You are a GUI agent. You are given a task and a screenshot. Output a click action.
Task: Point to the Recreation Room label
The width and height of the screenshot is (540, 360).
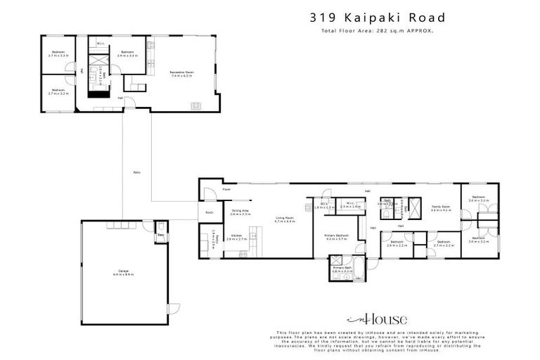pyautogui.click(x=182, y=72)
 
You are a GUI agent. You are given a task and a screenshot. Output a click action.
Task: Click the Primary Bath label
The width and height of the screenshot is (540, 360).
pyautogui.click(x=342, y=269)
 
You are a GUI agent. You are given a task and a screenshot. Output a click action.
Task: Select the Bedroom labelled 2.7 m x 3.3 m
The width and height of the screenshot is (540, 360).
pyautogui.click(x=57, y=53)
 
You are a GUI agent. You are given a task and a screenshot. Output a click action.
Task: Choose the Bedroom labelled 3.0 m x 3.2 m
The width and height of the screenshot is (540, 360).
pyautogui.click(x=479, y=240)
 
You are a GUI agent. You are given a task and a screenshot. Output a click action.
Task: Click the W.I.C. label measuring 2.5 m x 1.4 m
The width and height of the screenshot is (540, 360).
pyautogui.click(x=350, y=206)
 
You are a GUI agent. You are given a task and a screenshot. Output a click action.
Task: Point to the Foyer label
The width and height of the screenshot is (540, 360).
pyautogui.click(x=226, y=190)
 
